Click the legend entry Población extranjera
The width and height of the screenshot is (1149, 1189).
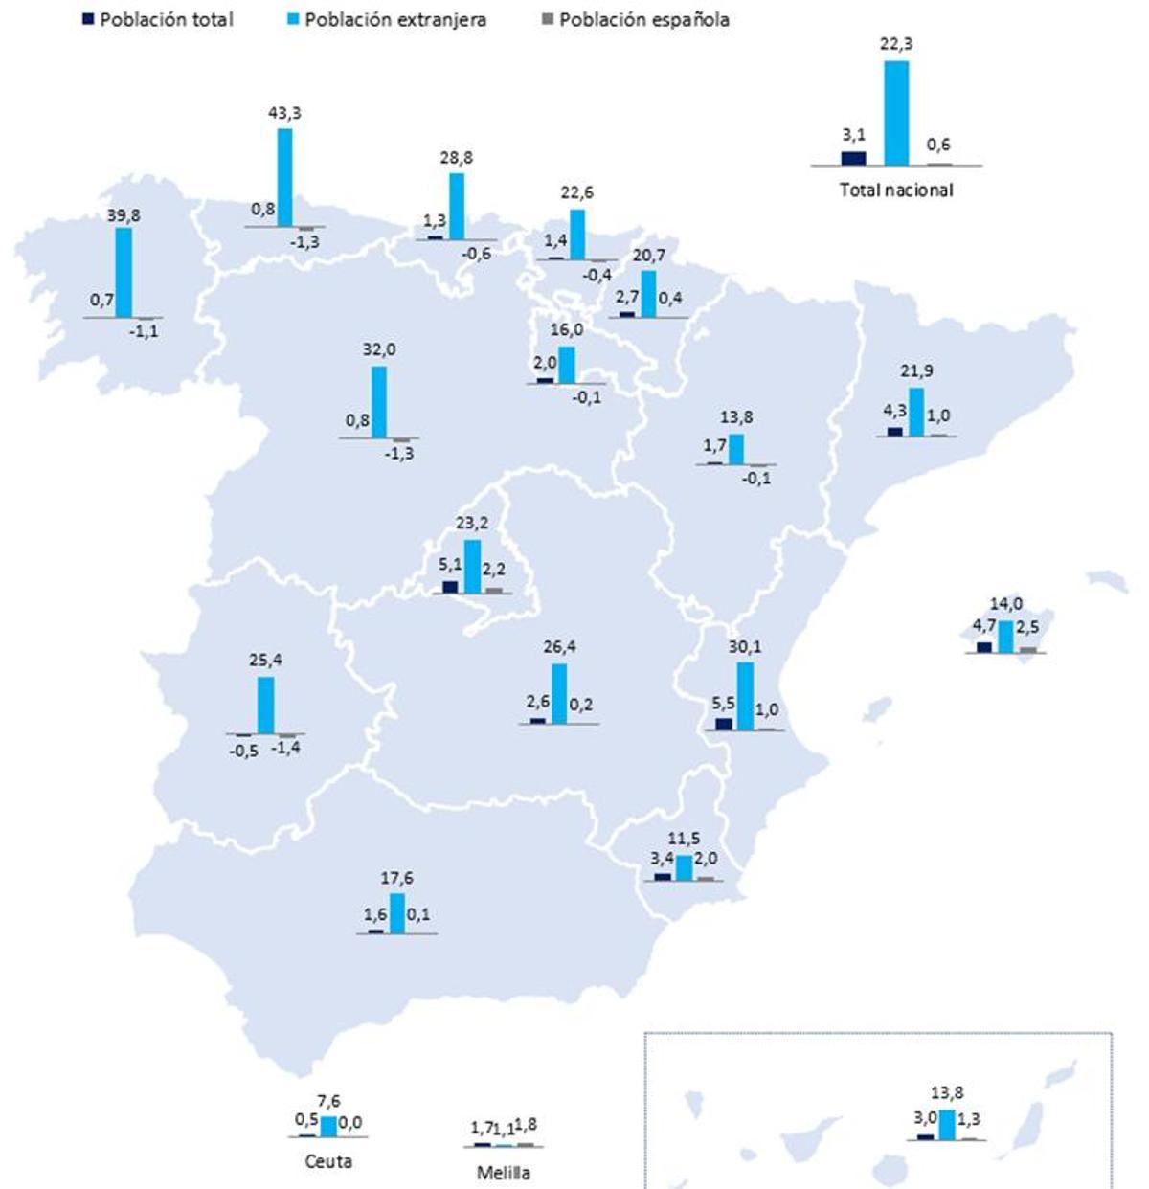[x=394, y=19]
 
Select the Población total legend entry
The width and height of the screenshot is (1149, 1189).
[x=166, y=19]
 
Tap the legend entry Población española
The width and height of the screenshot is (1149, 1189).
[x=643, y=19]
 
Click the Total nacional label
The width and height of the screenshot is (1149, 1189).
[x=896, y=190]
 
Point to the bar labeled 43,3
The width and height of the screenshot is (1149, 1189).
[x=284, y=177]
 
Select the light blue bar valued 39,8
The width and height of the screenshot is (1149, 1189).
[x=124, y=272]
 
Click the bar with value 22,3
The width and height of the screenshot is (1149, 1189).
[x=896, y=113]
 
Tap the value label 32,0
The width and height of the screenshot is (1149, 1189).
[x=379, y=350]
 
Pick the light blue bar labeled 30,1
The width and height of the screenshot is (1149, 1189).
[x=745, y=696]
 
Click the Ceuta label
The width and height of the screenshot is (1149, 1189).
[x=328, y=1161]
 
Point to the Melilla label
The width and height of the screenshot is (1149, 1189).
[x=504, y=1172]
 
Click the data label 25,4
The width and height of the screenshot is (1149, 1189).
[x=264, y=661]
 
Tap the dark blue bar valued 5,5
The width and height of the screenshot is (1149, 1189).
[x=724, y=724]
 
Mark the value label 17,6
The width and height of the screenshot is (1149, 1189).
[x=396, y=878]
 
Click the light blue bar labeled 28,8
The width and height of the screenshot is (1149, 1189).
[x=457, y=206]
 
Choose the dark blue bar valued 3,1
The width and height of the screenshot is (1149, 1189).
[x=853, y=158]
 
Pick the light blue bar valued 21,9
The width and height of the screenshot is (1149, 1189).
[x=916, y=412]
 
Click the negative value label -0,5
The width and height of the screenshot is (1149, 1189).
[x=243, y=752]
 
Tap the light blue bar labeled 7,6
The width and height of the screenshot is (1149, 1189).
[x=328, y=1126]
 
